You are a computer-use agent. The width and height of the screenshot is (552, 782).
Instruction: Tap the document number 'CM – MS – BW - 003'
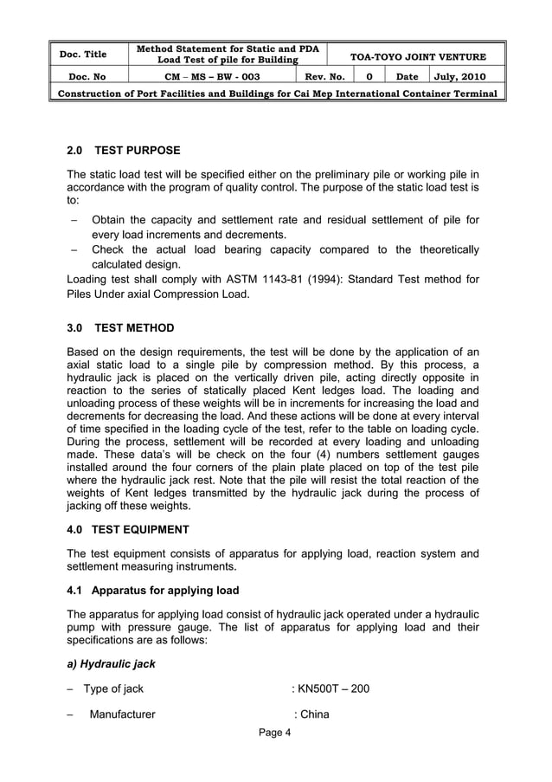[212, 76]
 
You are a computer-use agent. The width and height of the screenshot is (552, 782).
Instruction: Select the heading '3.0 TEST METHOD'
[119, 328]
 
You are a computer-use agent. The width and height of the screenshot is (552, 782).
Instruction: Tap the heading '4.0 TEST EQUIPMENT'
[127, 528]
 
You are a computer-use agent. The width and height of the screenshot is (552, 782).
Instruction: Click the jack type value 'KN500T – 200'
[334, 690]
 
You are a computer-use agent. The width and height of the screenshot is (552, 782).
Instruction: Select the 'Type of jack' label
[112, 690]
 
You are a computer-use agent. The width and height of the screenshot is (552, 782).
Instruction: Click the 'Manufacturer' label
[122, 714]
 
